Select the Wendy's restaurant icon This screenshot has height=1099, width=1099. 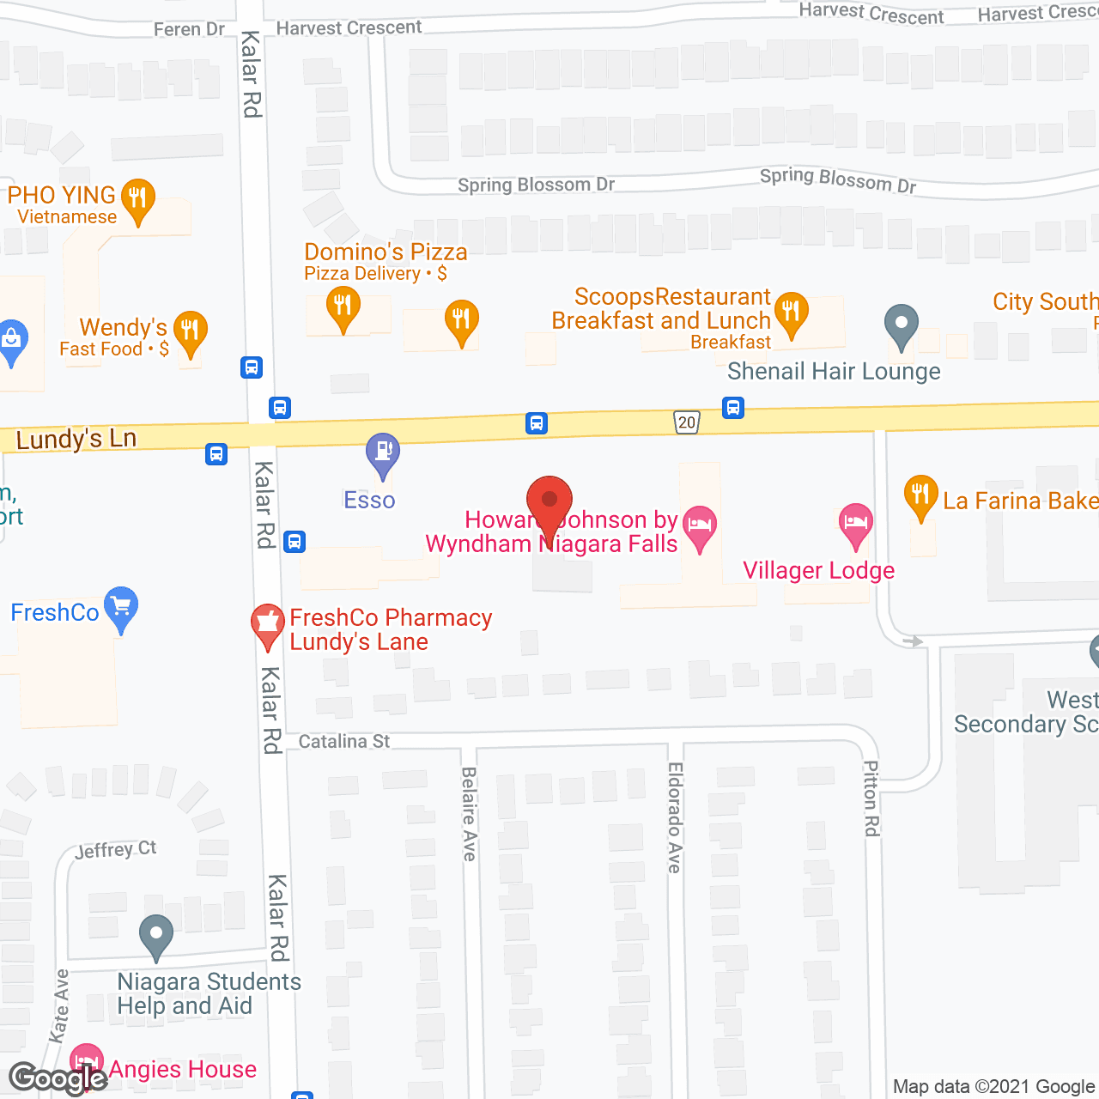190,331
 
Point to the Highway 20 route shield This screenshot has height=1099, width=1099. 686,422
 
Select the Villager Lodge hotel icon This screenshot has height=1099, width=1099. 855,524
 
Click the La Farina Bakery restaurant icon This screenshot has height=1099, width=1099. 920,495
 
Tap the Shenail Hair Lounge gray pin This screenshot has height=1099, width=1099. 902,325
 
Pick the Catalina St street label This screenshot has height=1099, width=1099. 344,741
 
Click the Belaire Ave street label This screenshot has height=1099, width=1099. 469,814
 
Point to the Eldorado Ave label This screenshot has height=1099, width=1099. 675,817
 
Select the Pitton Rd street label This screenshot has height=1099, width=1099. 871,798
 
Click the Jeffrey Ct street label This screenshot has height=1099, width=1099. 116,850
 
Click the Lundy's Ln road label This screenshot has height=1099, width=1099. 76,440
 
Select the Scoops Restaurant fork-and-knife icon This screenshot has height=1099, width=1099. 791,312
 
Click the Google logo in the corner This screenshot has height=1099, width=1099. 58,1078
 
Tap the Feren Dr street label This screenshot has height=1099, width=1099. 189,29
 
